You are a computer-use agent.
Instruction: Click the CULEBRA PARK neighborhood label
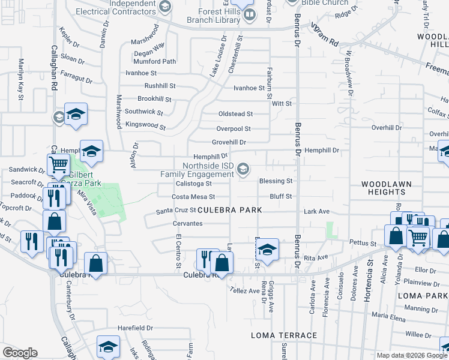(x=231, y=211)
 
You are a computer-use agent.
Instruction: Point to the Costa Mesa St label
(x=193, y=196)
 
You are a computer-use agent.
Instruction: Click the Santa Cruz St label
(x=176, y=211)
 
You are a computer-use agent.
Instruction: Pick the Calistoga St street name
(x=193, y=184)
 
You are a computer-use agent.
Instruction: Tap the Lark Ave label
(x=317, y=211)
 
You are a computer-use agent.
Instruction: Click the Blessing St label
(x=276, y=181)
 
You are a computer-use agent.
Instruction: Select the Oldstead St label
(x=235, y=113)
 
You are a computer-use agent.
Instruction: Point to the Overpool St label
(x=234, y=128)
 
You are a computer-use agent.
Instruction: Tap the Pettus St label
(x=364, y=244)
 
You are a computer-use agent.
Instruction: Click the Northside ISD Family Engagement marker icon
(x=243, y=169)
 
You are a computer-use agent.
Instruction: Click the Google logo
(x=20, y=353)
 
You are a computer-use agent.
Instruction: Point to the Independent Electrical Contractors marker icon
(x=166, y=7)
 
